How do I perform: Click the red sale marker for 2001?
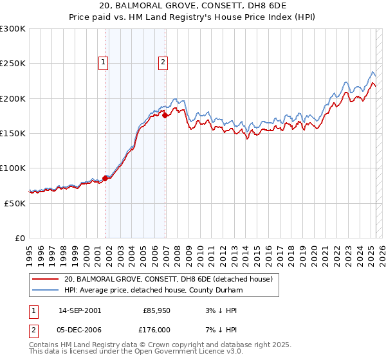click(x=105, y=178)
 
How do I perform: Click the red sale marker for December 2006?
click(x=165, y=115)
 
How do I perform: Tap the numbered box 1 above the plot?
click(x=104, y=62)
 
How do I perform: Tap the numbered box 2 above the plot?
click(x=163, y=62)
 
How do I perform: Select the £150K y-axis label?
click(x=13, y=133)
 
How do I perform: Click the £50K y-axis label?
click(x=15, y=203)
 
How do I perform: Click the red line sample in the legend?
click(x=45, y=279)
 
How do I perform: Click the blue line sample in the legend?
click(x=45, y=290)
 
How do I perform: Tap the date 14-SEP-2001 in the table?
click(x=80, y=310)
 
